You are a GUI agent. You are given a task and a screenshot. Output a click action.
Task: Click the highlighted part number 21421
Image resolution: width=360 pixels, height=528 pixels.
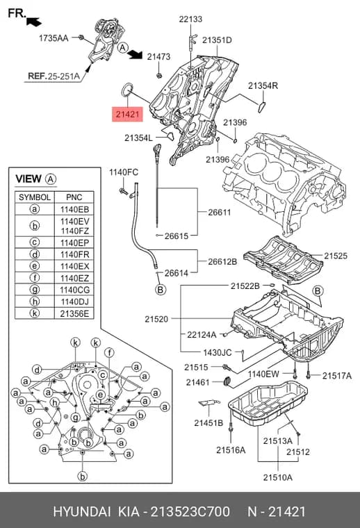(x=127, y=114)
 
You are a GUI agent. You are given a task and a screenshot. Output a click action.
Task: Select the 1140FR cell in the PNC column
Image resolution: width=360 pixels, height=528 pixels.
(x=74, y=254)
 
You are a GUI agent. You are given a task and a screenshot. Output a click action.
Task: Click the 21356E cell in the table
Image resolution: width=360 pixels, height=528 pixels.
(x=74, y=313)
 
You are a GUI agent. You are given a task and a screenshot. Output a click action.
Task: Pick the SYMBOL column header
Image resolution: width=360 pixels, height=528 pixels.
(x=35, y=197)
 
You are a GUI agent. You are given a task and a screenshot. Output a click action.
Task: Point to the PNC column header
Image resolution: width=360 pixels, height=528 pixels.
(x=74, y=197)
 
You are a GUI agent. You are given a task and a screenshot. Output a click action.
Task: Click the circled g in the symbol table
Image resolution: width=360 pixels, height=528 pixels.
(x=35, y=290)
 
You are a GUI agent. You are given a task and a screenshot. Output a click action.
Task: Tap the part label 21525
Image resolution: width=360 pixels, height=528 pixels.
(x=336, y=256)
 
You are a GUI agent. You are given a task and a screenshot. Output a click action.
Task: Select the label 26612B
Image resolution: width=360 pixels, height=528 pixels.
(x=222, y=262)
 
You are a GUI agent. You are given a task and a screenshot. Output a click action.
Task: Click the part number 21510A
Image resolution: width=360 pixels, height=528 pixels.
(x=278, y=477)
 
